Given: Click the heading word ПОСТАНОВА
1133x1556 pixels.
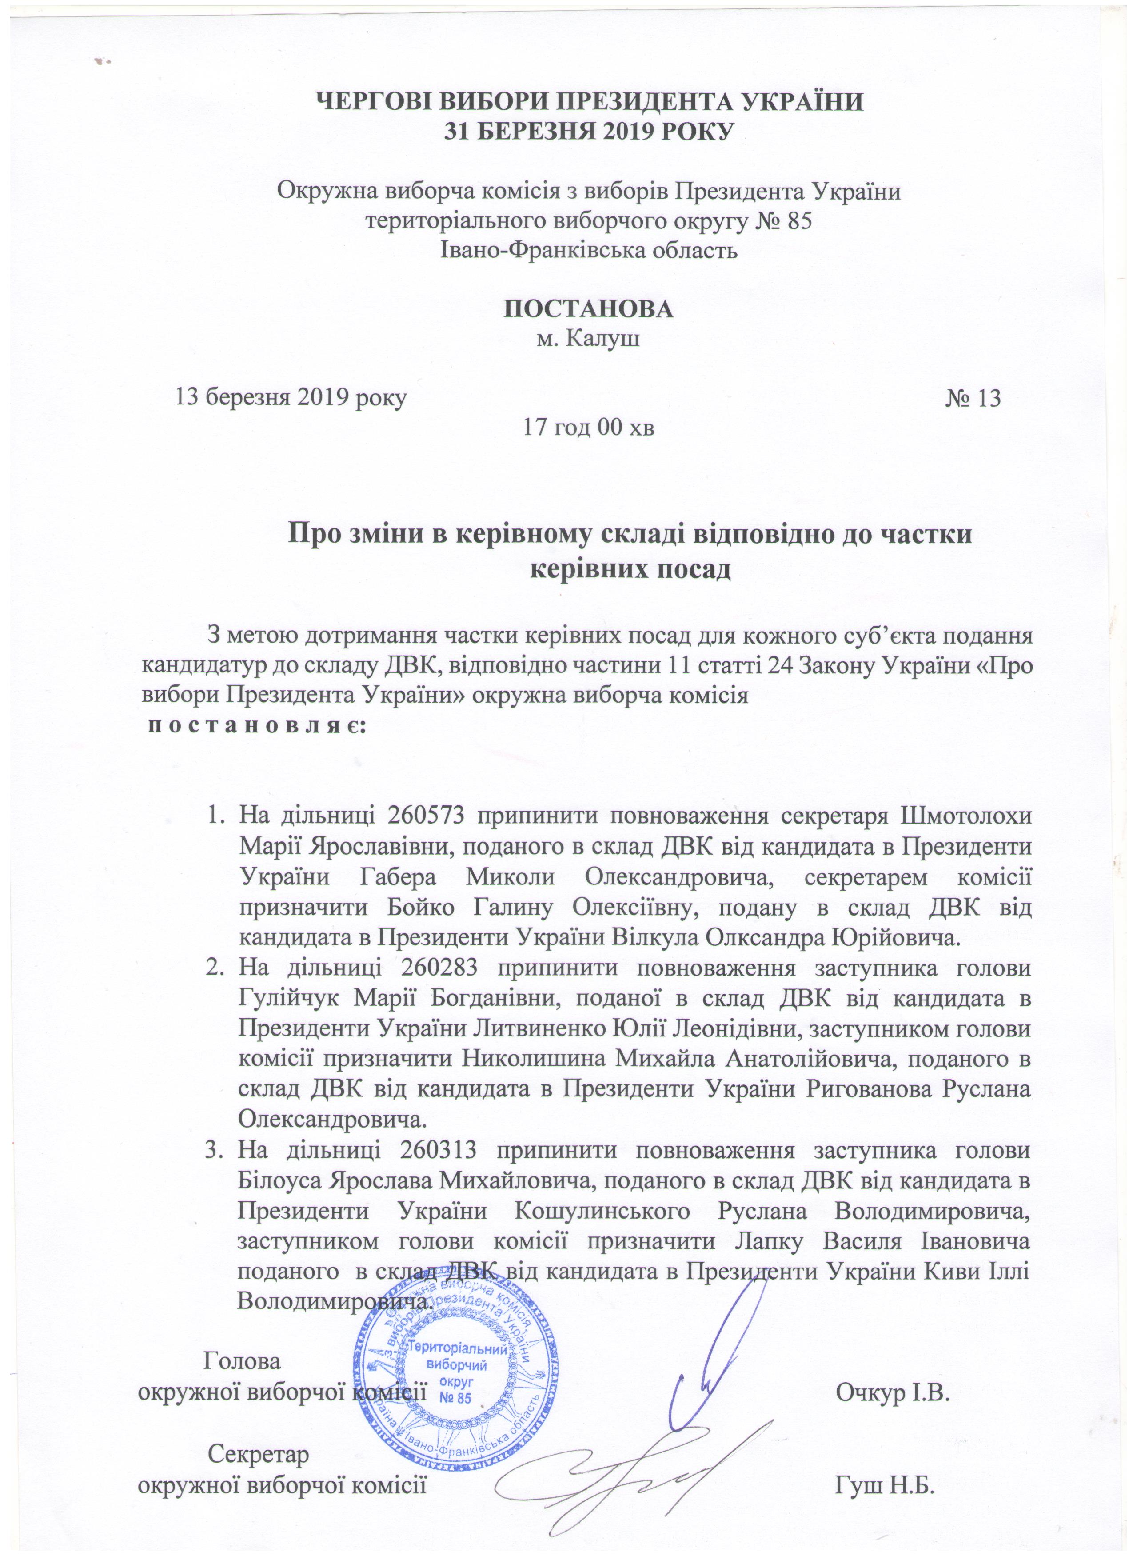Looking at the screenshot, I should pyautogui.click(x=588, y=309).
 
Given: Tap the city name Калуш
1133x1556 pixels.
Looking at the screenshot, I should pyautogui.click(x=608, y=339).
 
